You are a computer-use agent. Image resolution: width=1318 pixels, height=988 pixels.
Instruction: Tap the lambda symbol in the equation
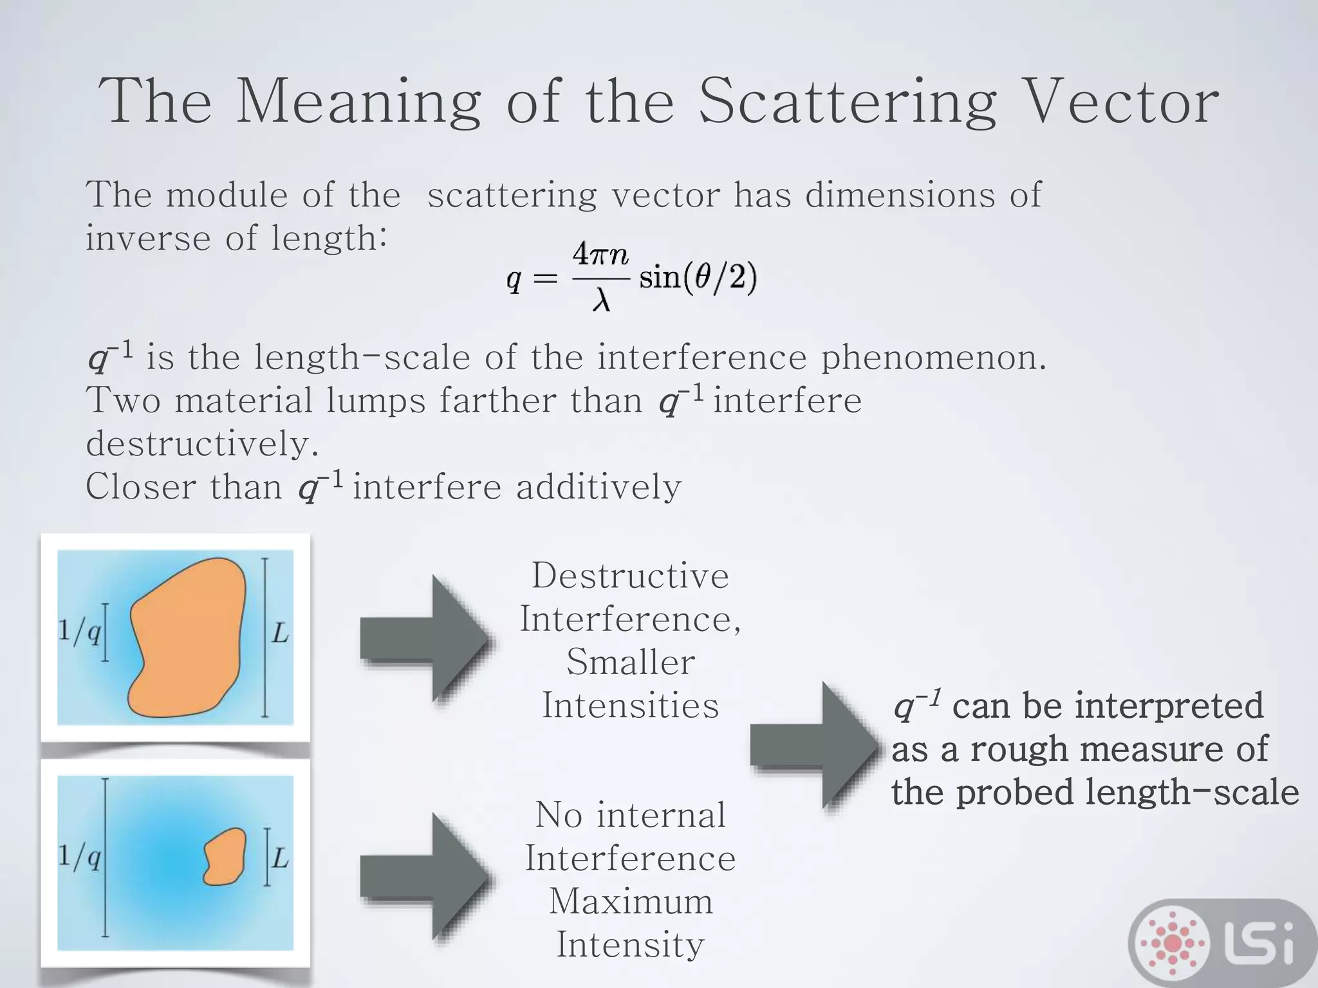point(600,300)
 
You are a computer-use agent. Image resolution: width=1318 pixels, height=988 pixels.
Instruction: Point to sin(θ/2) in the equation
point(698,278)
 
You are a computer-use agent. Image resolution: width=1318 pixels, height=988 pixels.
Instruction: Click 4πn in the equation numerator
point(600,255)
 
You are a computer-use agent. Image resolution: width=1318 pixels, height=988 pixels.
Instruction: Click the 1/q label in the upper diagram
point(79,632)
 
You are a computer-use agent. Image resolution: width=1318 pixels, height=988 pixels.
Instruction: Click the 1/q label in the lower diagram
point(79,857)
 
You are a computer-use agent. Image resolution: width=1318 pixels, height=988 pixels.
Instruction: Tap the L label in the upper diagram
point(280,634)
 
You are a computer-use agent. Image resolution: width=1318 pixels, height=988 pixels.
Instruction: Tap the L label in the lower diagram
point(280,858)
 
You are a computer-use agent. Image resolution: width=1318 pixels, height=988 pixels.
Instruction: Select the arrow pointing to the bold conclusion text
point(813,746)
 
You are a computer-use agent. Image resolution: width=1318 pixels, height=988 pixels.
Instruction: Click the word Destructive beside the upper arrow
point(630,576)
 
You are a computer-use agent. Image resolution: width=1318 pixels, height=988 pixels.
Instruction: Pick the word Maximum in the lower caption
point(631,901)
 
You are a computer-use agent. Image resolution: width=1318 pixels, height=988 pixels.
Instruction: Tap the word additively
point(599,487)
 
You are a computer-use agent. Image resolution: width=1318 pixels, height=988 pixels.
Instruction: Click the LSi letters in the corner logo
point(1261,942)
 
